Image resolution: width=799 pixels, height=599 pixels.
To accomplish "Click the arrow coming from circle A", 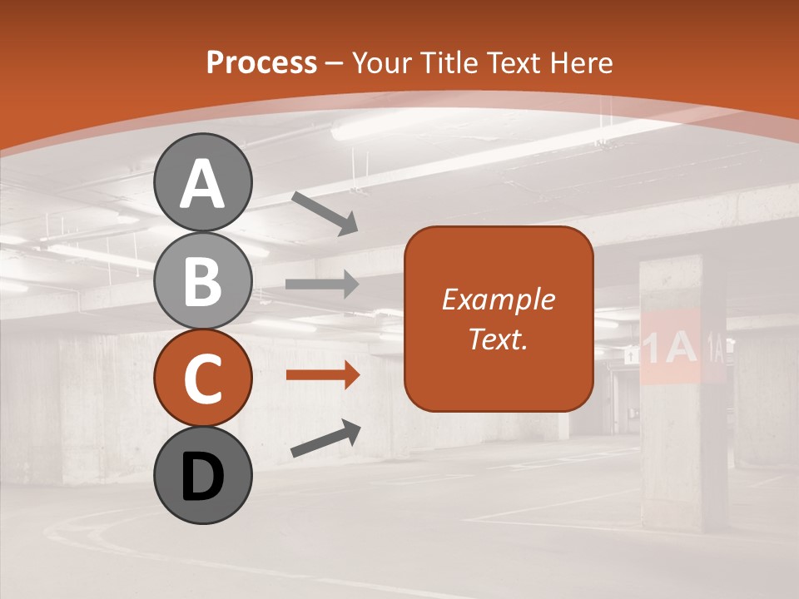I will (x=325, y=213).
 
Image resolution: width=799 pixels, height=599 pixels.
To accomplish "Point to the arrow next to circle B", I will (x=322, y=285).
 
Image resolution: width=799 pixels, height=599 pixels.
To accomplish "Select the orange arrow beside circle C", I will (x=322, y=375).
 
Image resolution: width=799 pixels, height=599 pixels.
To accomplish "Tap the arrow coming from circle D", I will (x=325, y=438).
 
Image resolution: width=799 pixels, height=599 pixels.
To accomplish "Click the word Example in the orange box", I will (x=499, y=299).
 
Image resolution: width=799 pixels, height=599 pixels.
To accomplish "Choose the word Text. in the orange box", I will (x=499, y=339).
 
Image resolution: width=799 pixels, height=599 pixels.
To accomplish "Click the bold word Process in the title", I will (x=261, y=62).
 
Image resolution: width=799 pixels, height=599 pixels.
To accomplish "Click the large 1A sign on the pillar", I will (x=671, y=348).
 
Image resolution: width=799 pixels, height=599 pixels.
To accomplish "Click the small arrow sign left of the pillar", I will (x=630, y=354).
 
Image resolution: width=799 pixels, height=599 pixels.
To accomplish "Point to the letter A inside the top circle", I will (x=203, y=185).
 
